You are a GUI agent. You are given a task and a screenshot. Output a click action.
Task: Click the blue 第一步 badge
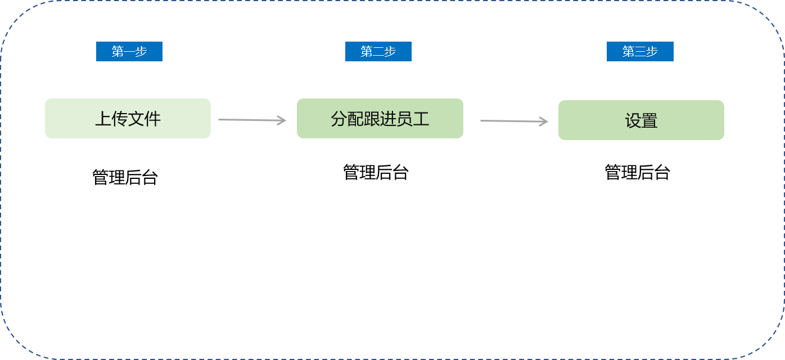pyautogui.click(x=129, y=52)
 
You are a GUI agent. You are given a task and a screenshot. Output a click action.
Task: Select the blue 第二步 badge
pyautogui.click(x=378, y=52)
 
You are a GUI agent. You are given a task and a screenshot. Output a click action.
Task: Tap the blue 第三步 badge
pyautogui.click(x=640, y=52)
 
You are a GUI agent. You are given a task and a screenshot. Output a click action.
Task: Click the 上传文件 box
pyautogui.click(x=128, y=119)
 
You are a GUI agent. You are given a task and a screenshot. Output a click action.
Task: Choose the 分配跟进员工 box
pyautogui.click(x=380, y=119)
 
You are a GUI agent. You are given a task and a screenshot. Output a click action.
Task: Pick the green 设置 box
pyautogui.click(x=641, y=120)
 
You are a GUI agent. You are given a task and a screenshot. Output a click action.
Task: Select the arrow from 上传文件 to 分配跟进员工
pyautogui.click(x=252, y=120)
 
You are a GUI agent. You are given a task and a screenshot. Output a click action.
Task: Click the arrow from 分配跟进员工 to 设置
pyautogui.click(x=514, y=121)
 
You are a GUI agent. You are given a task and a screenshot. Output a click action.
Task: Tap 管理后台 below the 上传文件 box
pyautogui.click(x=125, y=177)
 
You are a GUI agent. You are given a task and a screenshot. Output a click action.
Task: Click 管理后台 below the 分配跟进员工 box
pyautogui.click(x=376, y=172)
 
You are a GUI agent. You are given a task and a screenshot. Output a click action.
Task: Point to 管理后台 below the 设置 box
pyautogui.click(x=638, y=172)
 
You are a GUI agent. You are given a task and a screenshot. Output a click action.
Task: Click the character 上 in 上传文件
pyautogui.click(x=103, y=119)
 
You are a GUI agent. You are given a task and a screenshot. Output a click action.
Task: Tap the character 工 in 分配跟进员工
pyautogui.click(x=421, y=119)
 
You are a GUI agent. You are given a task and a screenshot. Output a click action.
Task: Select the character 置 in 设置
pyautogui.click(x=649, y=121)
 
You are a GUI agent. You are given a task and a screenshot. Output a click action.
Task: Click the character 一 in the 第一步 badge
pyautogui.click(x=129, y=52)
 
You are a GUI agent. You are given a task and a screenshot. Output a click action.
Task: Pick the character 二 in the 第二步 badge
pyautogui.click(x=378, y=52)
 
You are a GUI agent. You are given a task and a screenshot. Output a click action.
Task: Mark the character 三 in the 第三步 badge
pyautogui.click(x=640, y=52)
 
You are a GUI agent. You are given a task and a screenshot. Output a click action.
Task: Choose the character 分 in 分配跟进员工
pyautogui.click(x=339, y=119)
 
